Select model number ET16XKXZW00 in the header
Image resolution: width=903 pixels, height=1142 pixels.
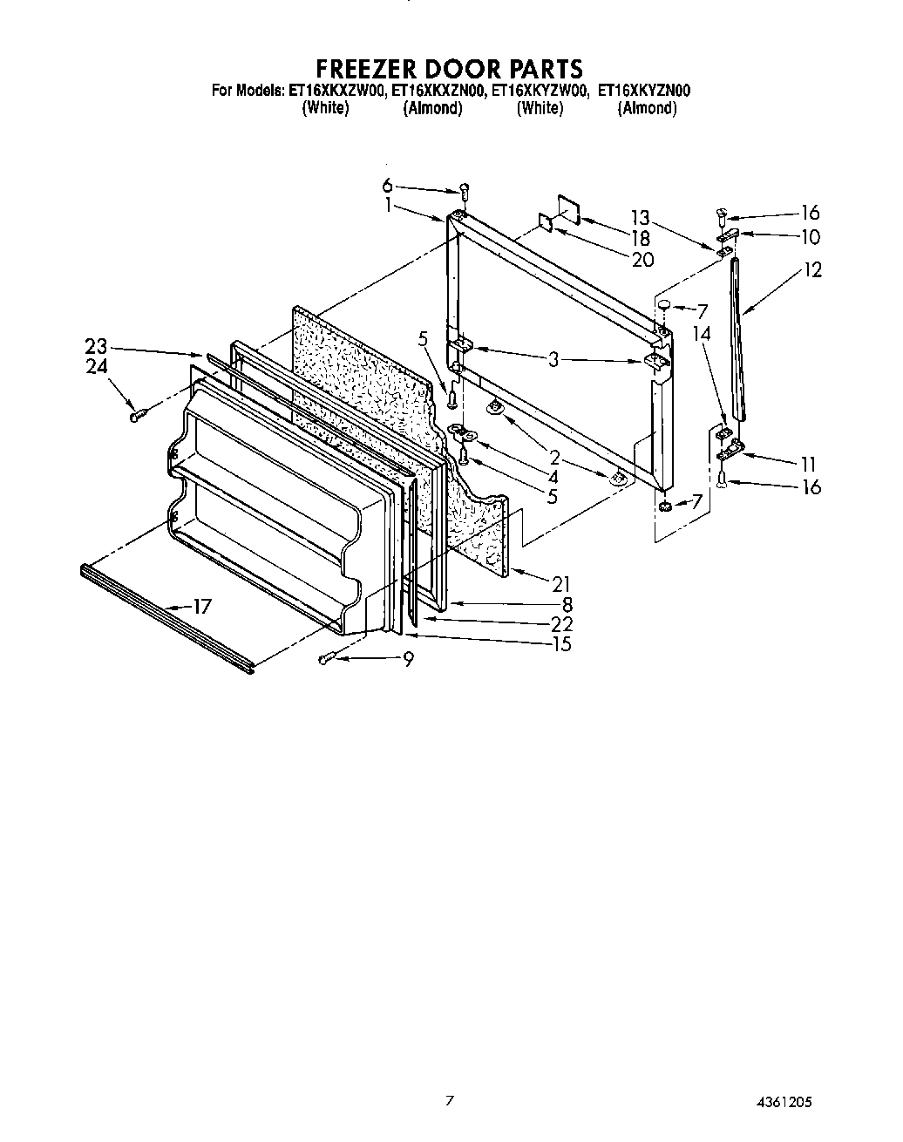click(335, 90)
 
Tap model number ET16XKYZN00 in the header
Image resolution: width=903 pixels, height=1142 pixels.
click(643, 90)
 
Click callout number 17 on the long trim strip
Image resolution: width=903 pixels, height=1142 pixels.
click(201, 606)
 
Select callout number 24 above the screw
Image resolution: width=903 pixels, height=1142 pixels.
click(97, 366)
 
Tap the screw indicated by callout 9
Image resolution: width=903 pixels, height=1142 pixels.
click(328, 658)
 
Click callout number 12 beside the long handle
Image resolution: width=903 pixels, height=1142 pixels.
click(812, 270)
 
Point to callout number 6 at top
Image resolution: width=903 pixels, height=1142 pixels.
click(387, 185)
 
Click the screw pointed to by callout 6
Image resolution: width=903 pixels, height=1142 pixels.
click(464, 190)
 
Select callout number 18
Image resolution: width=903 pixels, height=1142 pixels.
click(641, 238)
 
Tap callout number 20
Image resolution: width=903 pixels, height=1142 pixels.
click(642, 259)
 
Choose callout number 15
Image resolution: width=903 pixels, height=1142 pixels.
click(562, 644)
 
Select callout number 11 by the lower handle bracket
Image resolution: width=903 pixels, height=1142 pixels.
click(811, 463)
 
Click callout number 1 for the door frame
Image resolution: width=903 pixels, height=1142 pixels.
click(387, 206)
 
